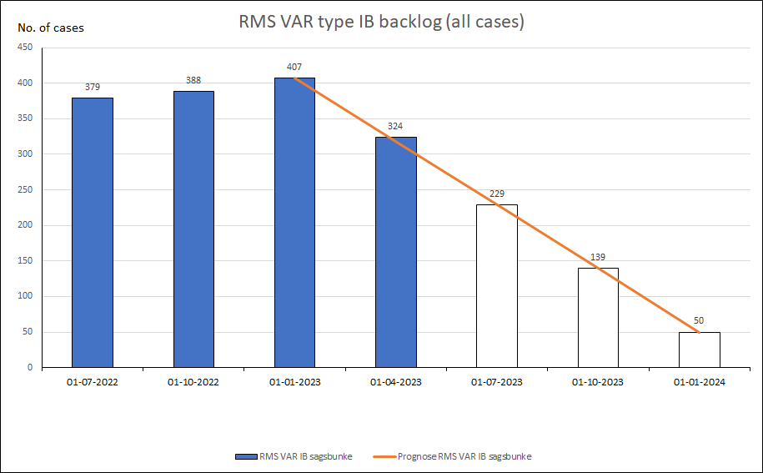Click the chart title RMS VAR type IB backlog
[381, 23]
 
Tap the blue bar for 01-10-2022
[193, 229]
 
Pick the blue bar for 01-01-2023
[294, 222]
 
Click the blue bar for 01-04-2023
[396, 251]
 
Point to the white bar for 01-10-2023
[598, 317]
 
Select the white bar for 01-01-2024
[699, 350]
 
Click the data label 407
[294, 67]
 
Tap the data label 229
[497, 194]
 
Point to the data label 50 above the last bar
[699, 321]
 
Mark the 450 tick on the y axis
[25, 48]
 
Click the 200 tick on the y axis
[25, 225]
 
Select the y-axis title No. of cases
[51, 28]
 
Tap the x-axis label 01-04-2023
[396, 383]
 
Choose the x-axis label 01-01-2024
[699, 383]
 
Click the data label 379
[93, 87]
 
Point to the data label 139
[598, 257]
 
